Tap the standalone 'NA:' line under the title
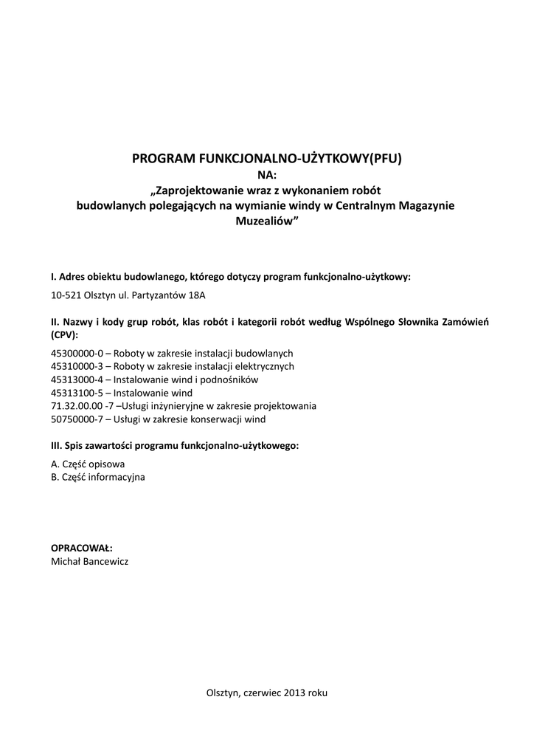pyautogui.click(x=266, y=174)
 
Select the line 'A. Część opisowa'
pyautogui.click(x=88, y=464)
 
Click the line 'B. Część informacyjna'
pyautogui.click(x=98, y=478)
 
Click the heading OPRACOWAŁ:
pyautogui.click(x=81, y=548)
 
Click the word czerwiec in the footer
pyautogui.click(x=261, y=694)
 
